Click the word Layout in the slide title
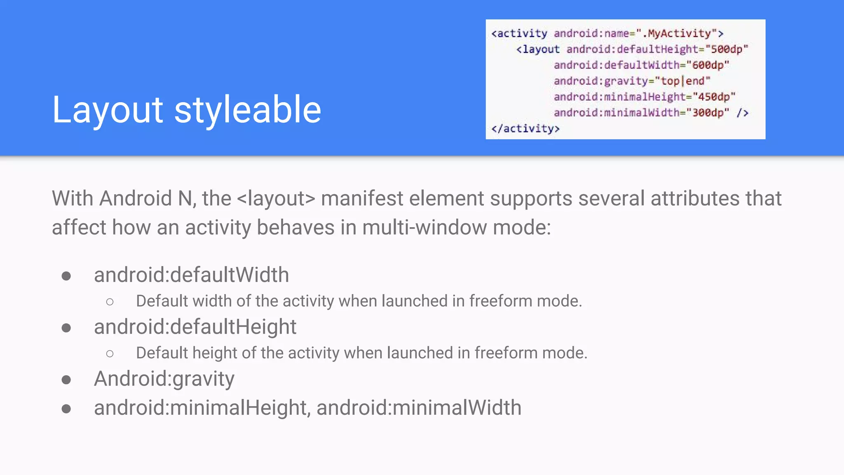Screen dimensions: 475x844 [108, 110]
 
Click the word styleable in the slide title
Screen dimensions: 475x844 [248, 110]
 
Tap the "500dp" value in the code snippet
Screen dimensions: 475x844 [727, 49]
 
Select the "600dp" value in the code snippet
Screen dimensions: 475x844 [708, 65]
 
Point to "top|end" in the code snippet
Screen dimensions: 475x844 [682, 81]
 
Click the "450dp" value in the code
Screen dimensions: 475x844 [714, 97]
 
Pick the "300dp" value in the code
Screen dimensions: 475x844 [708, 113]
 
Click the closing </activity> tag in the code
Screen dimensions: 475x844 [525, 129]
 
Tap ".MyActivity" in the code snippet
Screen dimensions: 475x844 [679, 33]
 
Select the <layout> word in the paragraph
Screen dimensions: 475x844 [276, 198]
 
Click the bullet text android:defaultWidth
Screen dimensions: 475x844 [191, 275]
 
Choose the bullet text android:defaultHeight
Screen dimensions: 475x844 [195, 327]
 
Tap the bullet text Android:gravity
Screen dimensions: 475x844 [164, 379]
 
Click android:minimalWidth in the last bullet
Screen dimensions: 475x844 [419, 408]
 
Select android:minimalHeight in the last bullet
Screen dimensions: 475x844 [200, 408]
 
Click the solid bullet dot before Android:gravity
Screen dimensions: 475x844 [66, 379]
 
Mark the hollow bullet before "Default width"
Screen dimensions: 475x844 [110, 302]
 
